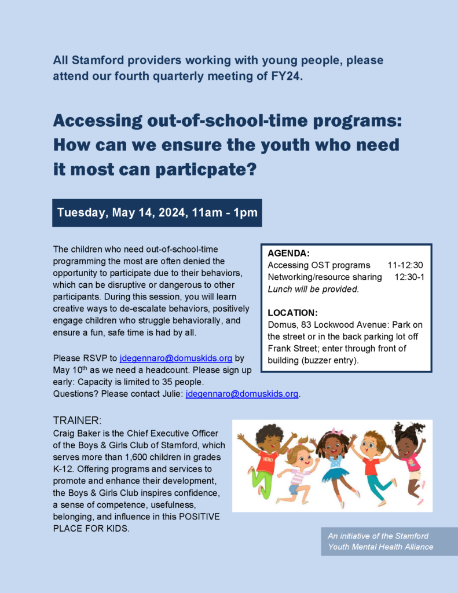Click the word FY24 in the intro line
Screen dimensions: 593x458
[x=287, y=76]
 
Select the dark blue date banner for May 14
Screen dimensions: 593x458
[x=157, y=213]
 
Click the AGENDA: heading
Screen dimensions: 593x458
[x=289, y=253]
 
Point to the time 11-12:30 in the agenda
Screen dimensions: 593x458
[x=405, y=265]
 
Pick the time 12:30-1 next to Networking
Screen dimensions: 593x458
[x=409, y=277]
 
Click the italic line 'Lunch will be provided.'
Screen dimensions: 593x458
[x=313, y=289]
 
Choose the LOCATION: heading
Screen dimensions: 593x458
[x=292, y=313]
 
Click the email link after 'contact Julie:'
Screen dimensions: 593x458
[x=242, y=394]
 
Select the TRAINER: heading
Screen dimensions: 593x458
[x=77, y=420]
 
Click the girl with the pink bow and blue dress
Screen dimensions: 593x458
[x=334, y=458]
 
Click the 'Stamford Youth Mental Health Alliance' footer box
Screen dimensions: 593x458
[x=389, y=541]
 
